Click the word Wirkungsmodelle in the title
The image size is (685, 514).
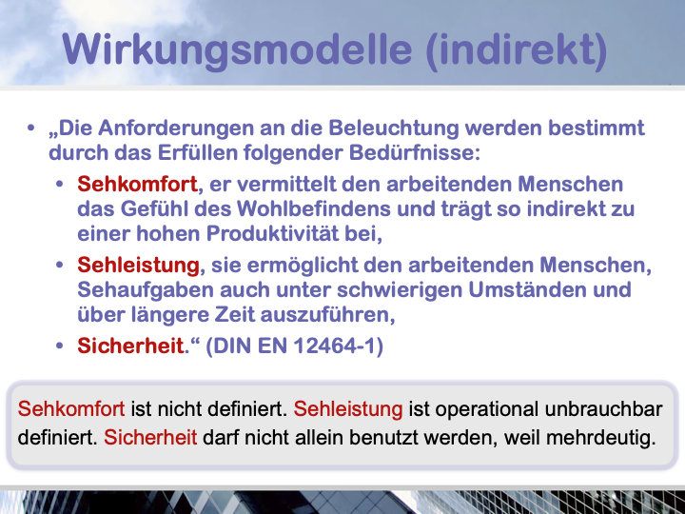[237, 49]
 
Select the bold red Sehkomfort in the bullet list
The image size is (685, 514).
[137, 184]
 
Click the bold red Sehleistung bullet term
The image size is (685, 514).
[139, 266]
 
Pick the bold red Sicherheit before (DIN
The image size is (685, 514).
[130, 346]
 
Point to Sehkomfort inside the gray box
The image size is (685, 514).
[71, 409]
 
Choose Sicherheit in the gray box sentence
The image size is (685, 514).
[150, 437]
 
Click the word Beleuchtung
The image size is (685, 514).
[394, 128]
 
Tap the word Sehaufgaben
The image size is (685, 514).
[146, 289]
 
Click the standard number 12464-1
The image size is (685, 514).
[335, 346]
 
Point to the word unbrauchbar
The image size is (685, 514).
[603, 409]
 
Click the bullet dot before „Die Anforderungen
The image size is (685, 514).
[30, 128]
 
